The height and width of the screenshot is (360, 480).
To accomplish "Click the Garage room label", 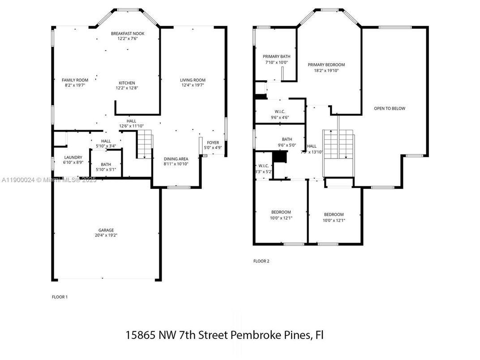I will pyautogui.click(x=106, y=230).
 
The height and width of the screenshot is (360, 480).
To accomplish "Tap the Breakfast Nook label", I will pyautogui.click(x=128, y=34).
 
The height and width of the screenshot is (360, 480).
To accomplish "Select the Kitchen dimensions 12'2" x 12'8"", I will pyautogui.click(x=127, y=88).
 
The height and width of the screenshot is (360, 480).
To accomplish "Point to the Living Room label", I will pyautogui.click(x=193, y=80).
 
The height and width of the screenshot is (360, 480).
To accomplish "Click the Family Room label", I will pyautogui.click(x=75, y=80).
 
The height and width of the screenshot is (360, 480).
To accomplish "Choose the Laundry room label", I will pyautogui.click(x=73, y=157).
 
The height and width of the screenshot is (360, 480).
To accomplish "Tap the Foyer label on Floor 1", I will pyautogui.click(x=213, y=143).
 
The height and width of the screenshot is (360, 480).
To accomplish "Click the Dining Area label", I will pyautogui.click(x=176, y=159).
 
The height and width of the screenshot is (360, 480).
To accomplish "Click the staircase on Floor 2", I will pyautogui.click(x=339, y=144).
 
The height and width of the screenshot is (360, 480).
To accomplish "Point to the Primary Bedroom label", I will pyautogui.click(x=326, y=65).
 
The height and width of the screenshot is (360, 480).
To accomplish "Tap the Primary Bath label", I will pyautogui.click(x=276, y=56).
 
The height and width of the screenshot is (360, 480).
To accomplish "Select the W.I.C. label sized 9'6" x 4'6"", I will pyautogui.click(x=280, y=117).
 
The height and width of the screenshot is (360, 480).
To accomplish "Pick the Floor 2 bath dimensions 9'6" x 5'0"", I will pyautogui.click(x=287, y=145).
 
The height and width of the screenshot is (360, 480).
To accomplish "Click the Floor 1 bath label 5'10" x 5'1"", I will pyautogui.click(x=106, y=170).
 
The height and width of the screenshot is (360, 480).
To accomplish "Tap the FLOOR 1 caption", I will pyautogui.click(x=60, y=297).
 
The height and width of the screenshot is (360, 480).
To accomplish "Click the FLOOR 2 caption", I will pyautogui.click(x=261, y=261).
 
